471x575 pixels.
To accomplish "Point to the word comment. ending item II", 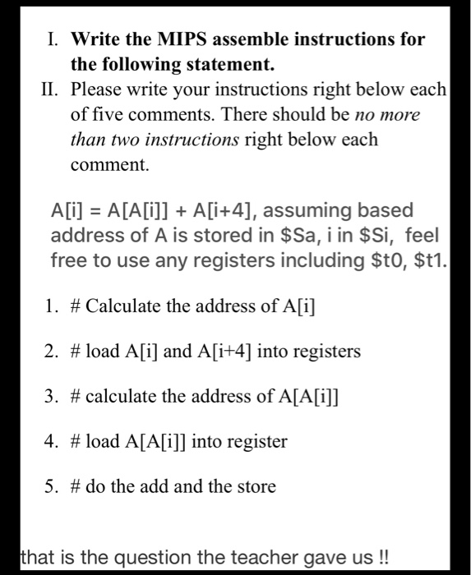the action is tap(110, 165).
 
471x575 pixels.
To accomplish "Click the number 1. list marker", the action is tap(52, 308).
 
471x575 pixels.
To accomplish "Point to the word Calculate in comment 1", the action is tap(123, 308).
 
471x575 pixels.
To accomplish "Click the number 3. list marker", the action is tap(52, 398).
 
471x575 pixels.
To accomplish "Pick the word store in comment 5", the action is tap(255, 486).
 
